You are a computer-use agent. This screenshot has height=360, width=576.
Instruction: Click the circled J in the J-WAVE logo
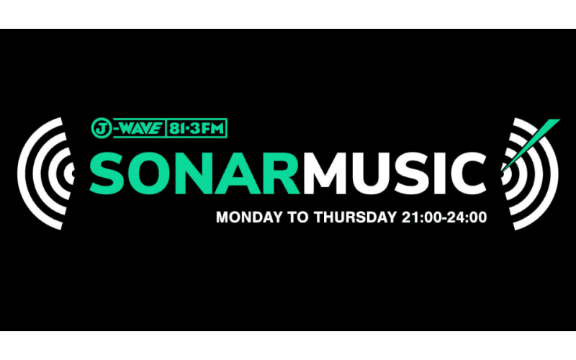[x=101, y=128]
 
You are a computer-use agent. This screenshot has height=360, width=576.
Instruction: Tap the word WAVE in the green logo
[x=141, y=128]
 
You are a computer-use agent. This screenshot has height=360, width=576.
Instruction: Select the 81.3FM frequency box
[x=197, y=128]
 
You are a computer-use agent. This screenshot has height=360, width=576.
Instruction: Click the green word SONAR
[x=194, y=173]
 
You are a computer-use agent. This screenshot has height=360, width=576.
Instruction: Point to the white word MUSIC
[x=395, y=173]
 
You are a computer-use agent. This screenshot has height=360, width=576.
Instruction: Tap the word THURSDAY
[x=355, y=217]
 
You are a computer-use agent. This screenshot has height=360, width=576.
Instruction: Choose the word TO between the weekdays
[x=298, y=217]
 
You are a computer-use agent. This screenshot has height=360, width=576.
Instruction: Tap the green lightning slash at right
[x=531, y=145]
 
